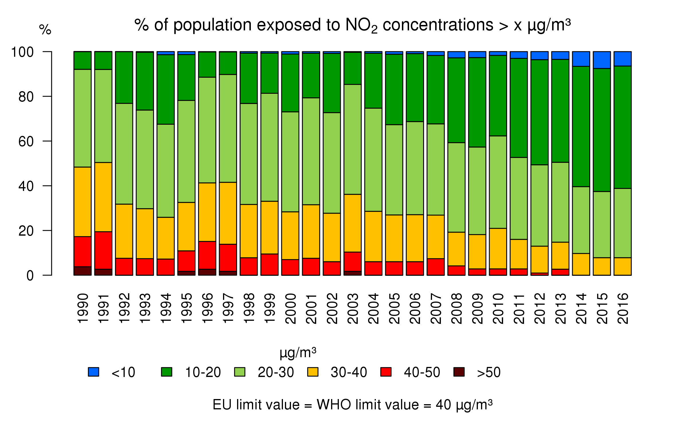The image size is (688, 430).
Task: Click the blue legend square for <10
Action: tap(93, 372)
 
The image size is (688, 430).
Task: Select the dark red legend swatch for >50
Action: tap(459, 372)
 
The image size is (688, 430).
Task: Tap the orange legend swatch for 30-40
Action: tap(313, 372)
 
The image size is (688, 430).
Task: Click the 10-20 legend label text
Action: tap(203, 372)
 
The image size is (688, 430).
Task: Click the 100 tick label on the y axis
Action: tap(22, 52)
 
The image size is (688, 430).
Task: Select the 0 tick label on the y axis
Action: tap(30, 276)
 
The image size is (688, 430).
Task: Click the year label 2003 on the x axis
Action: tap(353, 308)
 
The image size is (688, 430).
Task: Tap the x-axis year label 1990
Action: tap(83, 308)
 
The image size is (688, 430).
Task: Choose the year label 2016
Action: tap(623, 308)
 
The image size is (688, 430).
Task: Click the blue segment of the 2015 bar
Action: tap(602, 60)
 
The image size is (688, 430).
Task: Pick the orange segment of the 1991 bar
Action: tap(103, 197)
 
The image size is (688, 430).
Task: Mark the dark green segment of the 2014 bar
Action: tap(581, 126)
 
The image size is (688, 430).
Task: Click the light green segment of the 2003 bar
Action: tap(353, 139)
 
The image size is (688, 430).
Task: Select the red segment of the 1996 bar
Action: tap(207, 255)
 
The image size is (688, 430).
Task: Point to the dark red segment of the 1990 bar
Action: tap(83, 271)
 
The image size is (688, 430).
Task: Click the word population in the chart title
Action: tap(212, 25)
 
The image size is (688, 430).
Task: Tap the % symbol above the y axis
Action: tap(45, 30)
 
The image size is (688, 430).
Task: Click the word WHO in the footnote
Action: tap(334, 405)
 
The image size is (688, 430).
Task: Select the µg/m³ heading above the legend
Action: tap(298, 353)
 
